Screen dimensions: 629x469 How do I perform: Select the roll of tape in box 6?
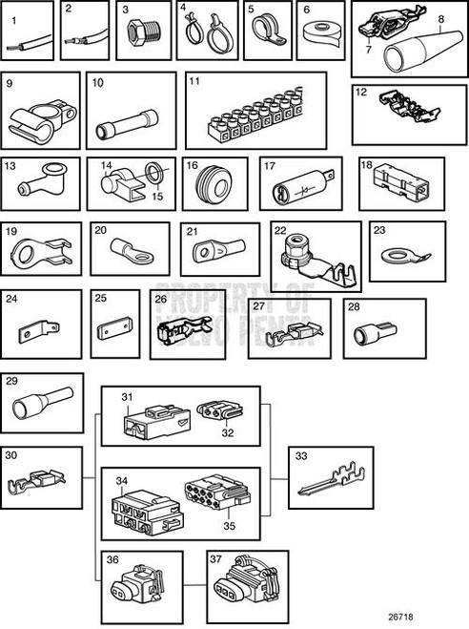[x=320, y=37]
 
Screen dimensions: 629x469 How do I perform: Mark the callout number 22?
[x=279, y=229]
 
